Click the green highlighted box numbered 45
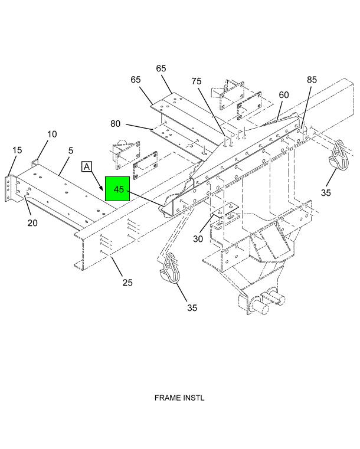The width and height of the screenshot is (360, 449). pyautogui.click(x=117, y=189)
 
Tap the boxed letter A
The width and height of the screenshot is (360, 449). pyautogui.click(x=87, y=166)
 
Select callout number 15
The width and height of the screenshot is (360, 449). pyautogui.click(x=17, y=150)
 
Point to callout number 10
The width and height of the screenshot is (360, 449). pyautogui.click(x=52, y=134)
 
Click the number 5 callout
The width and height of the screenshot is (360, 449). pyautogui.click(x=71, y=150)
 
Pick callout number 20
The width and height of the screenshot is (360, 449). pyautogui.click(x=32, y=223)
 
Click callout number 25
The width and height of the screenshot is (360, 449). pyautogui.click(x=127, y=283)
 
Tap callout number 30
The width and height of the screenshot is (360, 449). pyautogui.click(x=198, y=239)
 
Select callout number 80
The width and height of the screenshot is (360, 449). pyautogui.click(x=115, y=124)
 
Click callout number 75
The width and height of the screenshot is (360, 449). pyautogui.click(x=197, y=81)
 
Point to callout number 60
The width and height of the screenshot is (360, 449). pyautogui.click(x=283, y=95)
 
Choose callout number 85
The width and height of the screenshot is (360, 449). pyautogui.click(x=312, y=80)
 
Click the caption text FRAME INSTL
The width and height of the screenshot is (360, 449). pyautogui.click(x=179, y=398)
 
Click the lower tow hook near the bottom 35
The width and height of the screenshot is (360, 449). pyautogui.click(x=169, y=268)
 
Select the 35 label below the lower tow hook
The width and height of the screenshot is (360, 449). pyautogui.click(x=192, y=308)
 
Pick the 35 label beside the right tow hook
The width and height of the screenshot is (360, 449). pyautogui.click(x=326, y=193)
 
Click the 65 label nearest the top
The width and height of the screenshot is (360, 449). pyautogui.click(x=161, y=68)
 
